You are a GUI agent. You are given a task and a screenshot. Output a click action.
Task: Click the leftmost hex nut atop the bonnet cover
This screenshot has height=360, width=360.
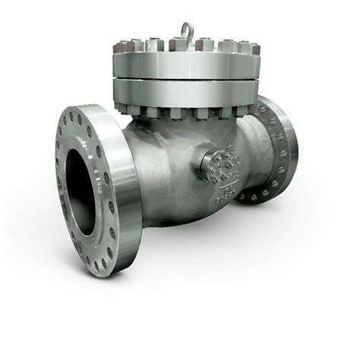(120, 46)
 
